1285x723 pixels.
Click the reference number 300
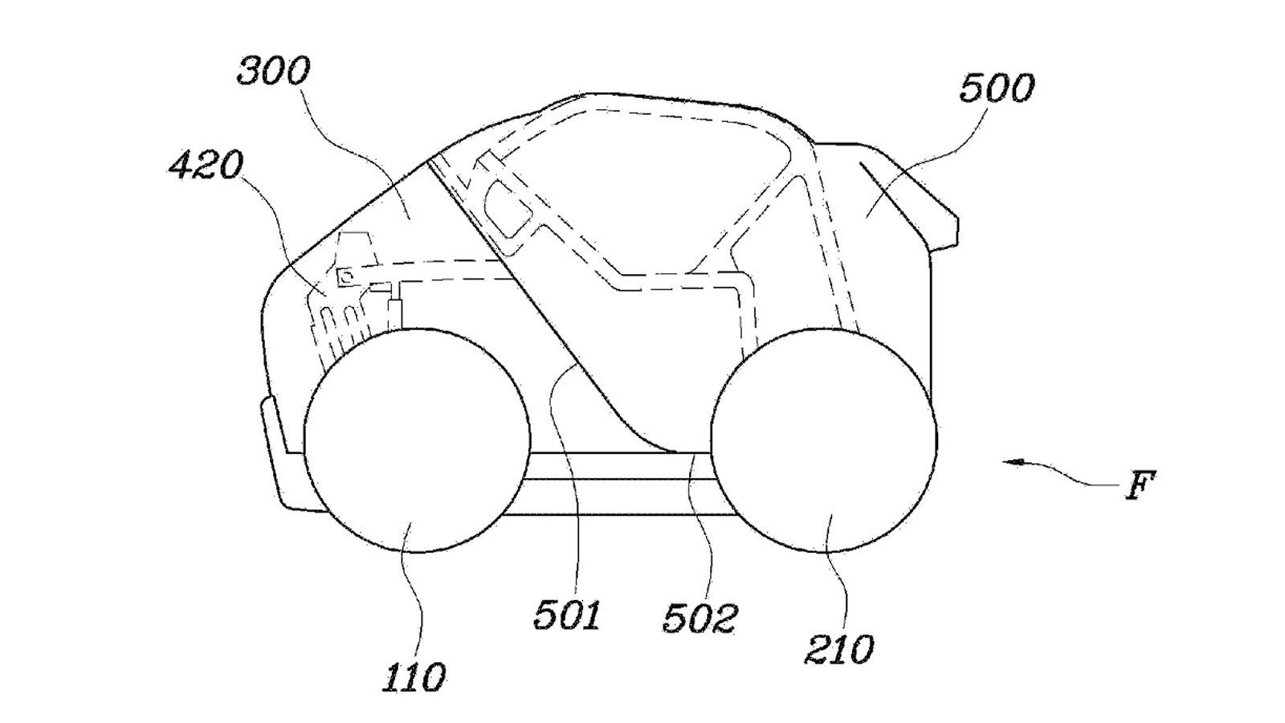274,71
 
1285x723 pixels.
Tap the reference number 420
206,165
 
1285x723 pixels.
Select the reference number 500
997,89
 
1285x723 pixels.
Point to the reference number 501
567,615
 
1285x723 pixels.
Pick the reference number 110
414,677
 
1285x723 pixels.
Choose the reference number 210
839,649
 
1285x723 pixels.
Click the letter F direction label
1140,485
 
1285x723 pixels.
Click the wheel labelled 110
417,440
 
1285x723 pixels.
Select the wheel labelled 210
824,440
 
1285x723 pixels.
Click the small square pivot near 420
346,276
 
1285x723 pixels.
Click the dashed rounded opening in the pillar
507,207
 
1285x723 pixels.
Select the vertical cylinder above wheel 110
395,314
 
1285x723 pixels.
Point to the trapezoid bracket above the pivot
357,249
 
